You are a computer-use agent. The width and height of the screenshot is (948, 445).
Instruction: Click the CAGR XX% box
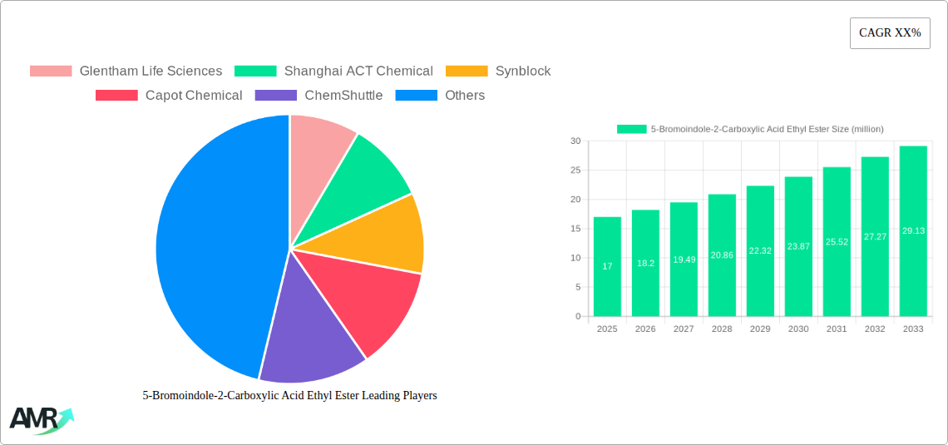pyautogui.click(x=889, y=33)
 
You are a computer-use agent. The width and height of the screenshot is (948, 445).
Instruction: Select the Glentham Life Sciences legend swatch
pyautogui.click(x=51, y=72)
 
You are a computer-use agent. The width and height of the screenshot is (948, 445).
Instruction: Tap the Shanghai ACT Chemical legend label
pyautogui.click(x=358, y=72)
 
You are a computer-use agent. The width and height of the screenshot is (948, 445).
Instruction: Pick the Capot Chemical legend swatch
pyautogui.click(x=116, y=96)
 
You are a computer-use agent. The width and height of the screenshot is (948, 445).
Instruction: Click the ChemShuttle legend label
pyautogui.click(x=343, y=96)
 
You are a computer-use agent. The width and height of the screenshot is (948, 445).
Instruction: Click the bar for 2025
pyautogui.click(x=607, y=266)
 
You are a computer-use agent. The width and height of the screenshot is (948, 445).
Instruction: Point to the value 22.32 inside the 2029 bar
pyautogui.click(x=760, y=250)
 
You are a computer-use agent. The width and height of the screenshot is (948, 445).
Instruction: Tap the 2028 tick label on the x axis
pyautogui.click(x=722, y=329)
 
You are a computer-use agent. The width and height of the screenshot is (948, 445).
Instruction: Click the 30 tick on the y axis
pyautogui.click(x=575, y=141)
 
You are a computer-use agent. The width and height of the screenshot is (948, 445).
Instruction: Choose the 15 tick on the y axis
pyautogui.click(x=575, y=229)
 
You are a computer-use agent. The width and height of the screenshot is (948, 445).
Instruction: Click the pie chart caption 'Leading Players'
pyautogui.click(x=289, y=396)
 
